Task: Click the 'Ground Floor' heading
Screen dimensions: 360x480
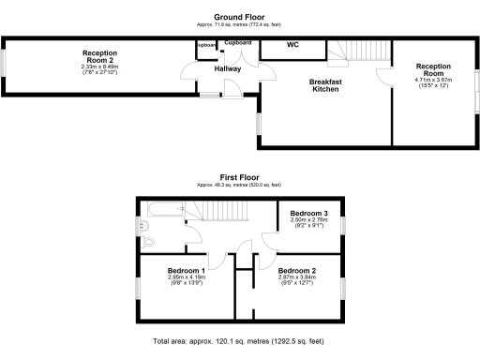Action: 239,17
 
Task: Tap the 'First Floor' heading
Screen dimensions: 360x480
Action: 239,176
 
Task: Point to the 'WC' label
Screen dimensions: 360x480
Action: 292,44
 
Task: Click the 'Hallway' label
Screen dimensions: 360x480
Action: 227,68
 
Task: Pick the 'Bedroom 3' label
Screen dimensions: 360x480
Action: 307,213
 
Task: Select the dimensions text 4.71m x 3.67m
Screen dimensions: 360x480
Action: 433,81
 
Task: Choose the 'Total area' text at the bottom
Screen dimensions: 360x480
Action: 239,342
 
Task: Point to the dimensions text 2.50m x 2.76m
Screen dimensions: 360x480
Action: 307,219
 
